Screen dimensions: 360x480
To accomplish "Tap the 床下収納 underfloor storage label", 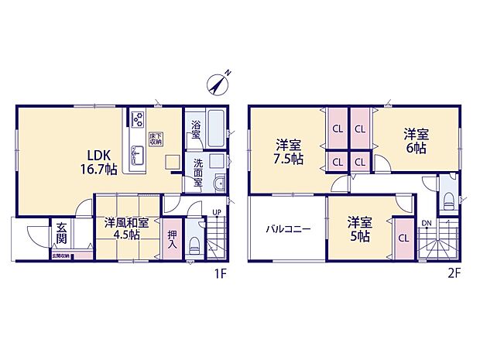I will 155,139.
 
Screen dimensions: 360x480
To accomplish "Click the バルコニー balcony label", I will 288,229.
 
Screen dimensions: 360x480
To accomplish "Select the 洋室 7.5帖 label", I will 290,150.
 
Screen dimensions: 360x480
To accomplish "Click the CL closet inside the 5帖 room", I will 403,238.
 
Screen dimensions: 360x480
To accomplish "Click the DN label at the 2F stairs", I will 426,224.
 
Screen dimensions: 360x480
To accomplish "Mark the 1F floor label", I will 221,273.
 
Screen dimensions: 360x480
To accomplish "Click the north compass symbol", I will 221,82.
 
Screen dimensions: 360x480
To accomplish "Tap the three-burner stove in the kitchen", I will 137,118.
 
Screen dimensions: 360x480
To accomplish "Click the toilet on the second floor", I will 448,197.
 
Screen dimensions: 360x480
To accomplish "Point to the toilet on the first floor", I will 194,248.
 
